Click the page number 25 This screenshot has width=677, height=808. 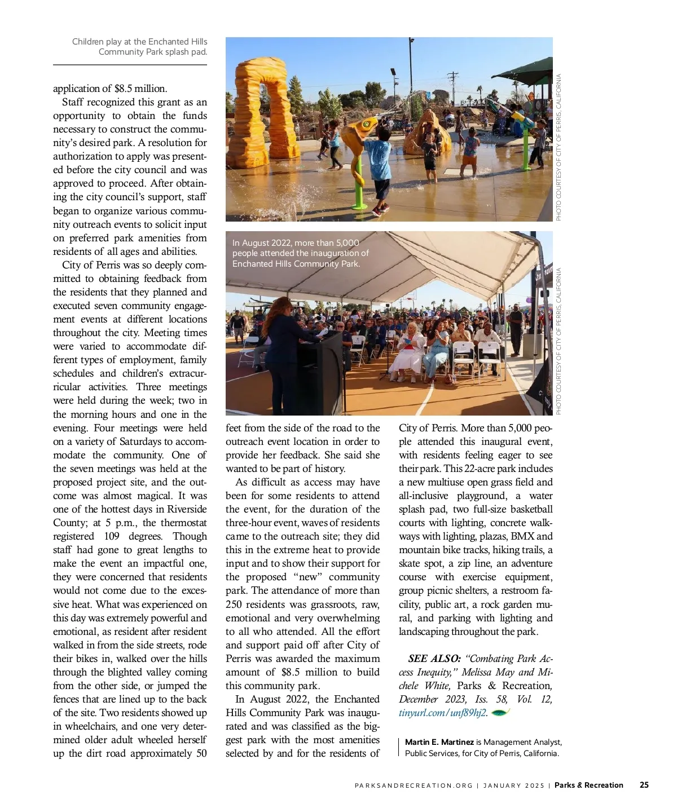click(x=644, y=785)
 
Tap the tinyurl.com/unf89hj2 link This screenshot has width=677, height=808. click(x=442, y=713)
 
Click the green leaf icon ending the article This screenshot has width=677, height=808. click(x=500, y=713)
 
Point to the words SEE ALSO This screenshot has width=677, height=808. click(x=434, y=659)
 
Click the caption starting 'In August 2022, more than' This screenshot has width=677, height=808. click(x=300, y=253)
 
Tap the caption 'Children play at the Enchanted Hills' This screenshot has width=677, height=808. click(x=139, y=47)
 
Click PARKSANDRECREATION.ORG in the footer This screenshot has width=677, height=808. click(x=414, y=785)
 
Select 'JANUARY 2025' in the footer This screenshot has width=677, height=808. click(x=513, y=785)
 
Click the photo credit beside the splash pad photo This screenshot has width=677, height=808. click(x=559, y=148)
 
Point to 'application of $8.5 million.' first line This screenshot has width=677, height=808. click(x=110, y=89)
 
